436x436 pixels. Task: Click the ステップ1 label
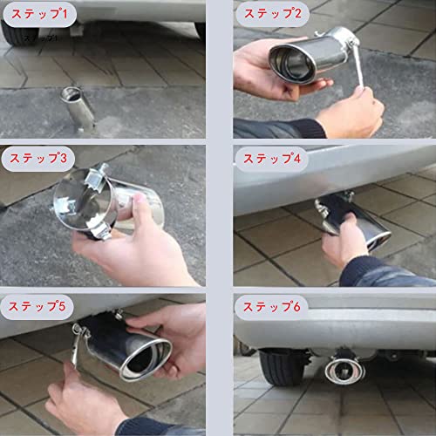[x=39, y=14]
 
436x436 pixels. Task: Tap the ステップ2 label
[x=273, y=14]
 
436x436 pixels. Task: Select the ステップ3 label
[x=38, y=158]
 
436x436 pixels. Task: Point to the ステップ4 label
[x=272, y=159]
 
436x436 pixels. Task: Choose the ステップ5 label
[x=37, y=306]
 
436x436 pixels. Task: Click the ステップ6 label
[x=271, y=307]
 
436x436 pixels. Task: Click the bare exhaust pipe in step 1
[x=78, y=109]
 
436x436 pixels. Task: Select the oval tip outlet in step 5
[x=146, y=359]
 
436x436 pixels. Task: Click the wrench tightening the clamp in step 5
[x=76, y=347]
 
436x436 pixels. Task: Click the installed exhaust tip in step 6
[x=344, y=370]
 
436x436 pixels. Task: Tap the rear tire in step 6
[x=283, y=367]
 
